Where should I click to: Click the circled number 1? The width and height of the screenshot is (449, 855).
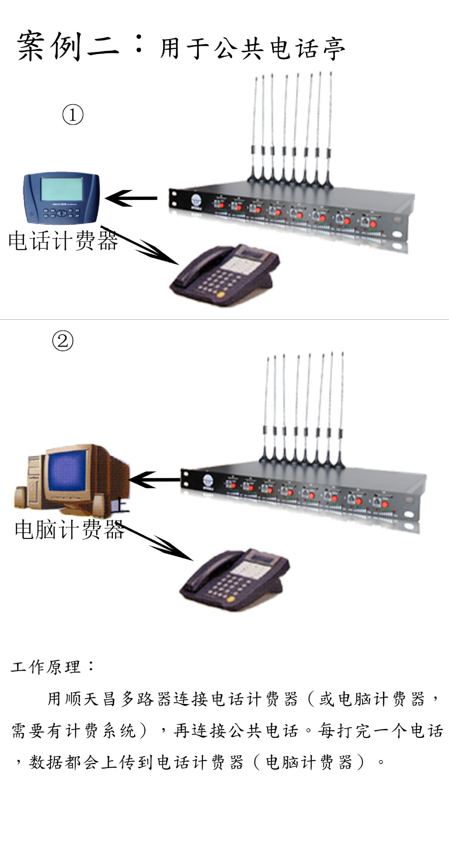pos(73,114)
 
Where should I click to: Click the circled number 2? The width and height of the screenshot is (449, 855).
pos(62,341)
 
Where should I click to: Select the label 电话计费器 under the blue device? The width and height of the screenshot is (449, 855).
pos(63,241)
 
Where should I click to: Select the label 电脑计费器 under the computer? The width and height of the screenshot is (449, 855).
pos(69,530)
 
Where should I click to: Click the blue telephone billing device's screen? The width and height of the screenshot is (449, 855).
pos(62,190)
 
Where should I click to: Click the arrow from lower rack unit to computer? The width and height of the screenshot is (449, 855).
pos(154,480)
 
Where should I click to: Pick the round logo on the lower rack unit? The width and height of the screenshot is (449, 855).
pos(208,480)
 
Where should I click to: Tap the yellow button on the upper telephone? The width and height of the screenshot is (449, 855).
pos(220,294)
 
